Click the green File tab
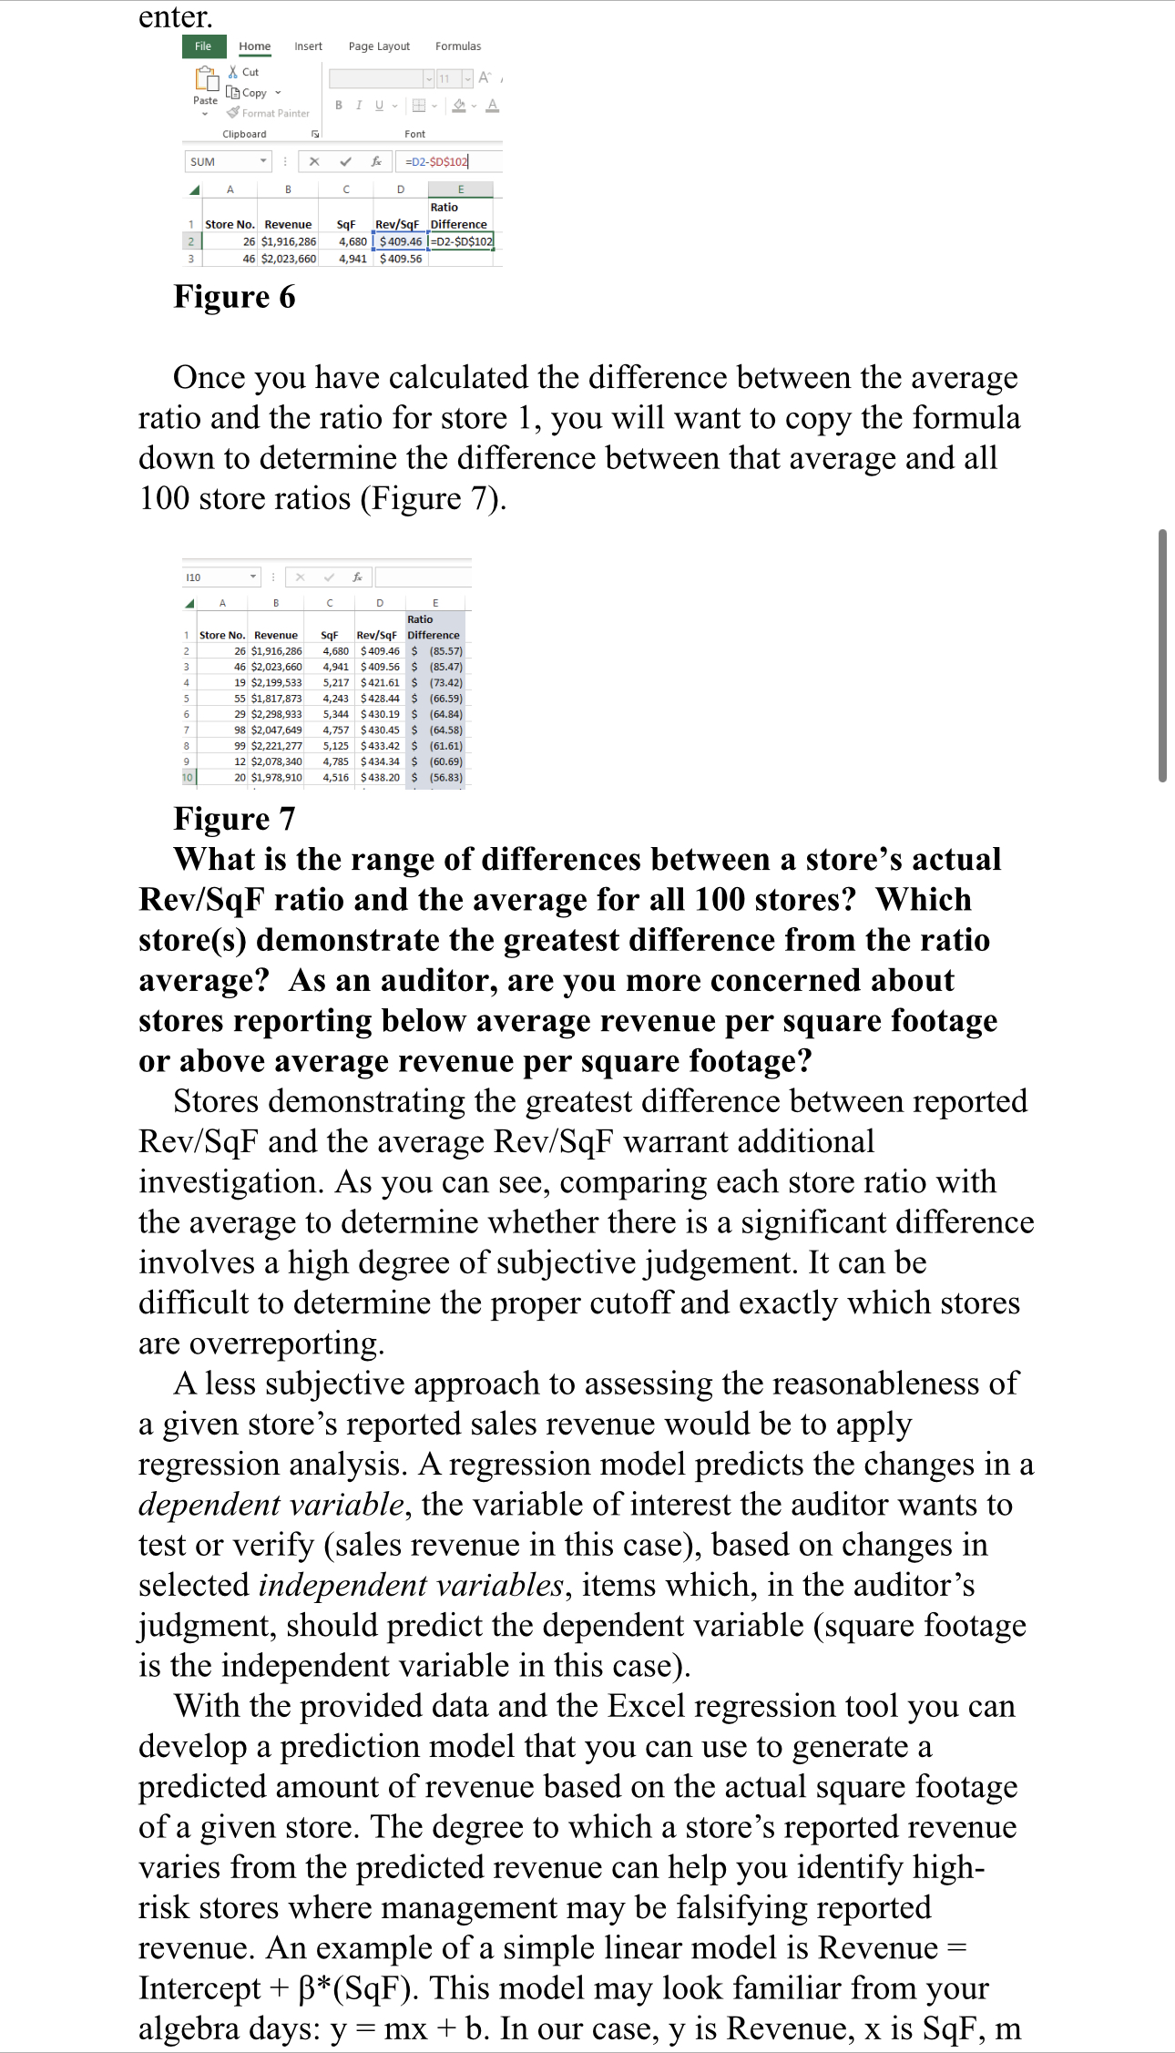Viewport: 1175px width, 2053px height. [203, 46]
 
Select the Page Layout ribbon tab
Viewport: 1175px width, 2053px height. [379, 46]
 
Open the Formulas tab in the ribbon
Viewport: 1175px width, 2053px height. [458, 46]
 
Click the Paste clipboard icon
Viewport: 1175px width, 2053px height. [206, 83]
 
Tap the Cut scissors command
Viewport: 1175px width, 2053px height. [244, 72]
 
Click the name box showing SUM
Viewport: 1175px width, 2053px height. [227, 161]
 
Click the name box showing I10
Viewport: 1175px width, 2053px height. [220, 577]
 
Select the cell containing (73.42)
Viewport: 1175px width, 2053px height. [445, 682]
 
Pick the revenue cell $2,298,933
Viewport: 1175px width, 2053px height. [276, 714]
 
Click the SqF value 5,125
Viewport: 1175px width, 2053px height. [335, 746]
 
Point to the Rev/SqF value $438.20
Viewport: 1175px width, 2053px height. [380, 778]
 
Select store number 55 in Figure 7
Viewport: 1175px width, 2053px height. [240, 699]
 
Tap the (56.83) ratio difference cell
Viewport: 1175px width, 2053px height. [445, 778]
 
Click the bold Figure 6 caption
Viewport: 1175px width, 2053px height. [234, 297]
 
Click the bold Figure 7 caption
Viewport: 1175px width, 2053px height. [234, 819]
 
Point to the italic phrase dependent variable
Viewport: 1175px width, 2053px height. [271, 1504]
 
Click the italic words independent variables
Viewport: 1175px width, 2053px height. [411, 1585]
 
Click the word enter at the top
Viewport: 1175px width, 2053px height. [175, 16]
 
